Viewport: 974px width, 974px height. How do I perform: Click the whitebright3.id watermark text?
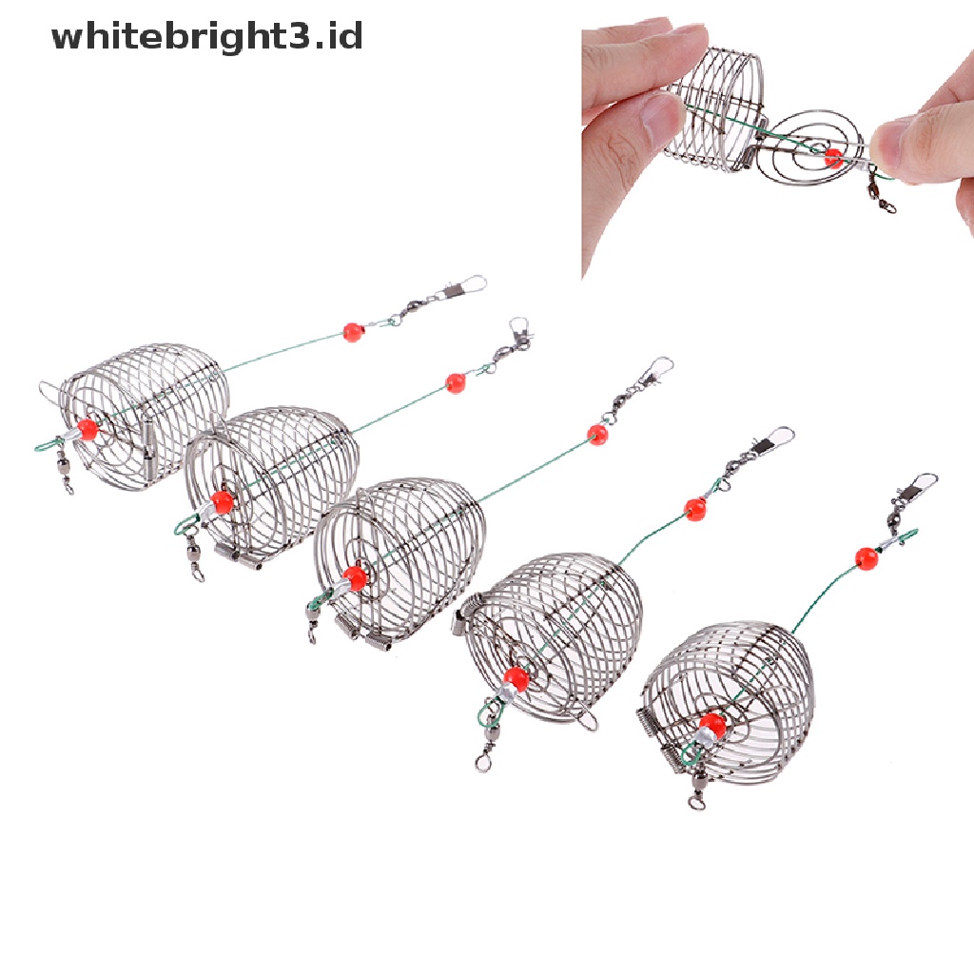[x=206, y=36]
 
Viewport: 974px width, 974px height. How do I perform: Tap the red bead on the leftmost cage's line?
[x=353, y=332]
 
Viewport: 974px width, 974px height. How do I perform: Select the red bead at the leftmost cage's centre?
[x=88, y=429]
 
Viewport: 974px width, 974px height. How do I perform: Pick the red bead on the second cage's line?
[x=456, y=382]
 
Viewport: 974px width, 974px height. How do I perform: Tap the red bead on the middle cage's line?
[x=597, y=434]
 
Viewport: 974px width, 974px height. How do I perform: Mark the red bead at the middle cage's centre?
[x=355, y=577]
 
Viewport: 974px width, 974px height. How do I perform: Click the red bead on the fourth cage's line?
[x=695, y=509]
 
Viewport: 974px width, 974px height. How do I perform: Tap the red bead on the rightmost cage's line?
[x=867, y=559]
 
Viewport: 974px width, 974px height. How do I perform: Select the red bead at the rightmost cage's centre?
[x=711, y=724]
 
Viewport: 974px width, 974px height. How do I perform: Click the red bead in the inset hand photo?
[x=833, y=158]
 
